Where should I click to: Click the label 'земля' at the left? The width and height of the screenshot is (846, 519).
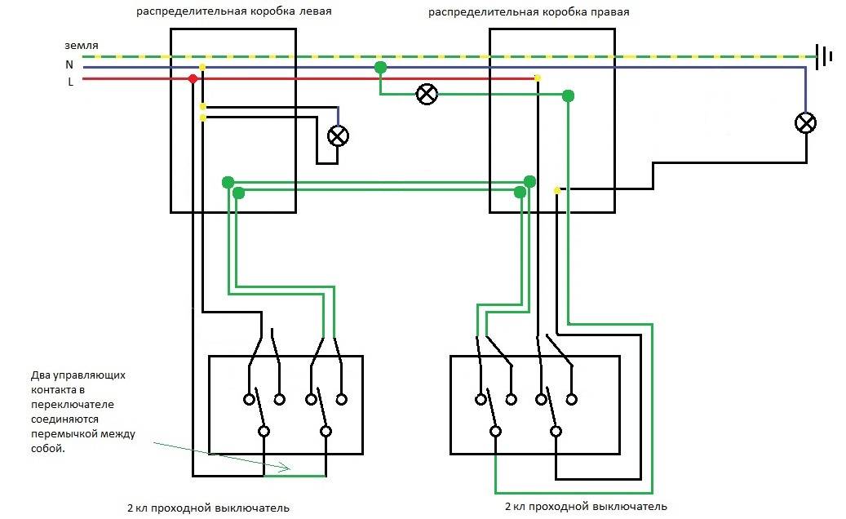(x=82, y=45)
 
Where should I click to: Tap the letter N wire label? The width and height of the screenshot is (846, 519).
(x=69, y=64)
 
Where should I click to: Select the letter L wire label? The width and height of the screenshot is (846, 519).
(x=70, y=82)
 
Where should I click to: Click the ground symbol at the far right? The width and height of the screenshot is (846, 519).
(x=825, y=56)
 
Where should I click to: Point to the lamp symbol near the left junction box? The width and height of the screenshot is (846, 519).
(x=338, y=135)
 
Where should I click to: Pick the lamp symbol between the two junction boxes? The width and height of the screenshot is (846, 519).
(x=427, y=94)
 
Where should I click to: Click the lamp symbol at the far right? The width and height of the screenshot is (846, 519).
(x=806, y=123)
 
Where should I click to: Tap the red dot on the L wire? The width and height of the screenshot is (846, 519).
(x=193, y=79)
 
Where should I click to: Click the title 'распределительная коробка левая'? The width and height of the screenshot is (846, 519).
(x=234, y=12)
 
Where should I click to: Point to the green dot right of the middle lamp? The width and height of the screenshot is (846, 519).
(x=569, y=95)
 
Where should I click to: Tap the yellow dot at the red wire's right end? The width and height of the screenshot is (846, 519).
(x=537, y=78)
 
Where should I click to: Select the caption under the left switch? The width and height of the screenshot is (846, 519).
(x=208, y=508)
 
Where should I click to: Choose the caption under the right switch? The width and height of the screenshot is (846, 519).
(x=586, y=507)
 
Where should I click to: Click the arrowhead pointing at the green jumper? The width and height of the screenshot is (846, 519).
(x=286, y=468)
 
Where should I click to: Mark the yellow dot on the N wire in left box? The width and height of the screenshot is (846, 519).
(x=202, y=67)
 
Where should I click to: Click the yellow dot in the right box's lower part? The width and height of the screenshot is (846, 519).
(x=556, y=190)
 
